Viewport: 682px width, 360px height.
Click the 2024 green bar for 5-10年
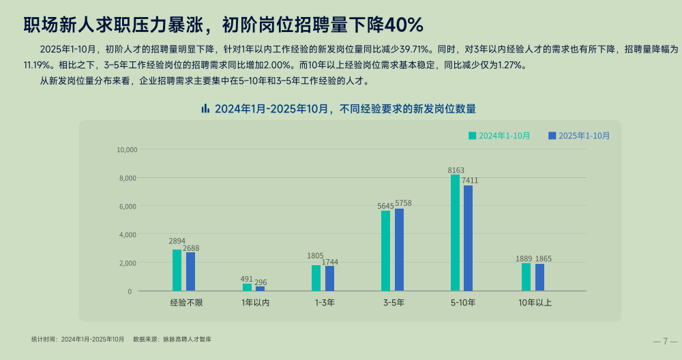pos(455,232)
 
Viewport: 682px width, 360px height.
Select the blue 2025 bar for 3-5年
pos(399,250)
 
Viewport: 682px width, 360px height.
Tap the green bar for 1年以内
pos(247,287)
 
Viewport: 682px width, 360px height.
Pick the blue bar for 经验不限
pos(190,271)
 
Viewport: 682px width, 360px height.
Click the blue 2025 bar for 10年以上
pos(539,277)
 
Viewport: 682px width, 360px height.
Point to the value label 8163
pos(456,170)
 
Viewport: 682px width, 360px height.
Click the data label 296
pos(260,282)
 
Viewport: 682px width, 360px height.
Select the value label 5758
pos(403,203)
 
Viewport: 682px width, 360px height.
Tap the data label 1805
pos(315,256)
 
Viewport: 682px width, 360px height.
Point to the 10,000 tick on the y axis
pos(128,150)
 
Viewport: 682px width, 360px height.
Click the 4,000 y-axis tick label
pos(128,235)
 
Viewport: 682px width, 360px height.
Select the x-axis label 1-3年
pos(324,302)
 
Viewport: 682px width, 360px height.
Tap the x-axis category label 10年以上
pos(535,302)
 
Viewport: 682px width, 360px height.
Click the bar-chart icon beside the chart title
pos(205,108)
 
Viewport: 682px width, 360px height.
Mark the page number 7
pos(665,341)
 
